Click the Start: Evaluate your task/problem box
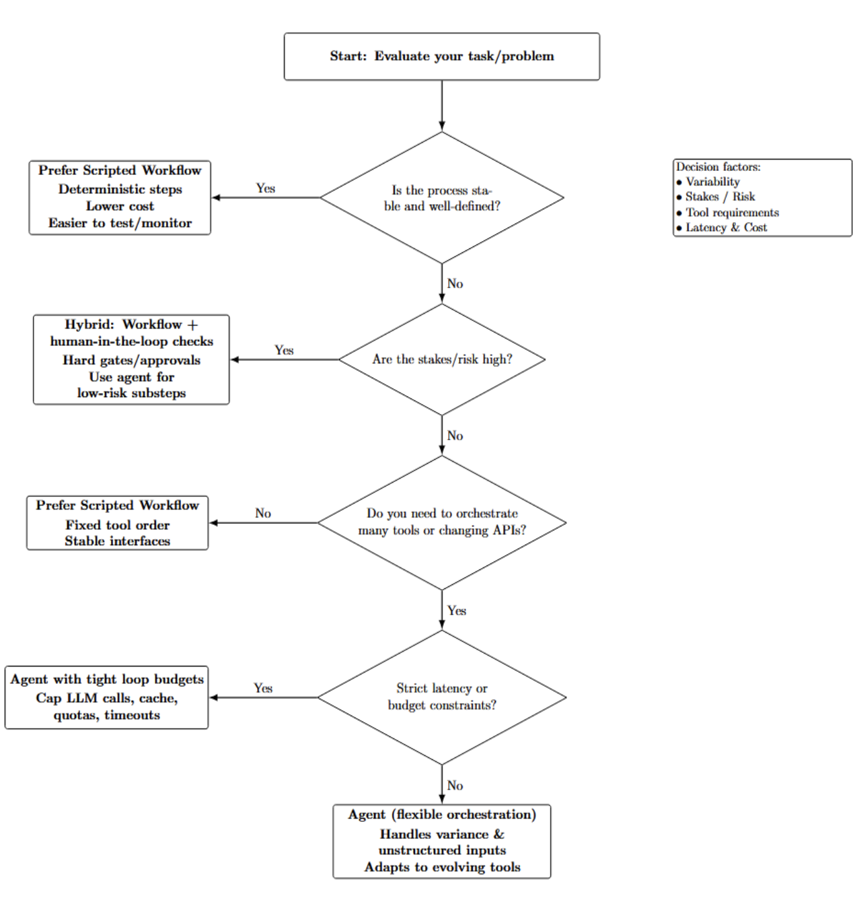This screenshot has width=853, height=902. [441, 57]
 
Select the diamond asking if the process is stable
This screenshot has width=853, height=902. [441, 198]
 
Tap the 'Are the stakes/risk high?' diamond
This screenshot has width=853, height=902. [441, 359]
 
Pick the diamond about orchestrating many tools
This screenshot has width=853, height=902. [441, 522]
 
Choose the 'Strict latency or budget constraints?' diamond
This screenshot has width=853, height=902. [441, 697]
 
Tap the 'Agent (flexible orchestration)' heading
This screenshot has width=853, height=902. [441, 814]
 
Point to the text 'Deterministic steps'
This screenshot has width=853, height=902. [120, 189]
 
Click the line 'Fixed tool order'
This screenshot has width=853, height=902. [117, 524]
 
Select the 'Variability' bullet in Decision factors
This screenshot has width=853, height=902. [712, 182]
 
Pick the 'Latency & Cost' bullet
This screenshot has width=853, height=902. [726, 228]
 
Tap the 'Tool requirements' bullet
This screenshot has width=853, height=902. [732, 213]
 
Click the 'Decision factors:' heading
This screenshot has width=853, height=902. [718, 167]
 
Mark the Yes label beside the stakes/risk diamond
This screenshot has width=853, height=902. [284, 350]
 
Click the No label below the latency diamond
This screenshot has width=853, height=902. [455, 785]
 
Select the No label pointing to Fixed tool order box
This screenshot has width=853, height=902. [263, 513]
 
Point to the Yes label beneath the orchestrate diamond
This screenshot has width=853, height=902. [456, 611]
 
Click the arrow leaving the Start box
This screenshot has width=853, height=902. [442, 105]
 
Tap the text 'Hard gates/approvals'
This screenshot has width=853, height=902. [131, 360]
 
